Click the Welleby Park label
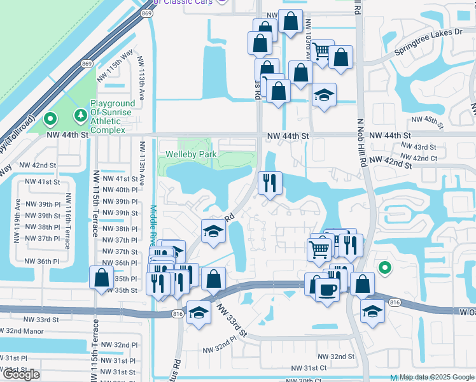[191, 154]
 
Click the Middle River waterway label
[153, 226]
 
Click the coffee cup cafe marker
[327, 290]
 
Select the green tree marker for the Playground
[80, 115]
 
